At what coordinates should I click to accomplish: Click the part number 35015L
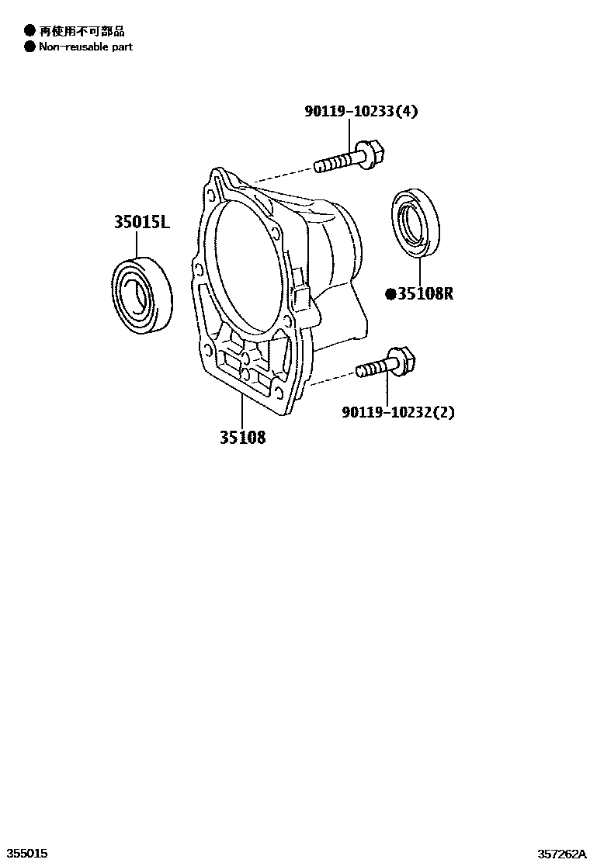(x=141, y=223)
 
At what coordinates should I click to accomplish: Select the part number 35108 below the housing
(x=241, y=438)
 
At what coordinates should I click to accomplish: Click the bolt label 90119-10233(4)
(x=360, y=112)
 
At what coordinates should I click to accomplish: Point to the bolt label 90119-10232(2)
(x=397, y=412)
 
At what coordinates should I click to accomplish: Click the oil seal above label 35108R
(x=415, y=220)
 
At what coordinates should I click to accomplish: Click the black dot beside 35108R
(x=391, y=293)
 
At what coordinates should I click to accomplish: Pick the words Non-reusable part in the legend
(x=85, y=47)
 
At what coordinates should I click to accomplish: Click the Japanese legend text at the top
(x=82, y=30)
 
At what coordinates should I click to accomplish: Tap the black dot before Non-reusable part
(x=29, y=47)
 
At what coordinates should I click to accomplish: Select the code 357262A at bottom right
(x=562, y=853)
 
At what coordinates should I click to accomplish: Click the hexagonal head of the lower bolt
(x=404, y=360)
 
